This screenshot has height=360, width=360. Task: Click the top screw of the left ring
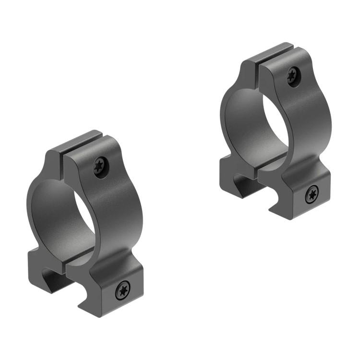click(101, 167)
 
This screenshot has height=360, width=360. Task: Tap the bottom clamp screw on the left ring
click(123, 289)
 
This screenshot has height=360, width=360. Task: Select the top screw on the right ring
click(293, 76)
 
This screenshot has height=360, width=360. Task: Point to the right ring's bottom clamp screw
click(312, 194)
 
